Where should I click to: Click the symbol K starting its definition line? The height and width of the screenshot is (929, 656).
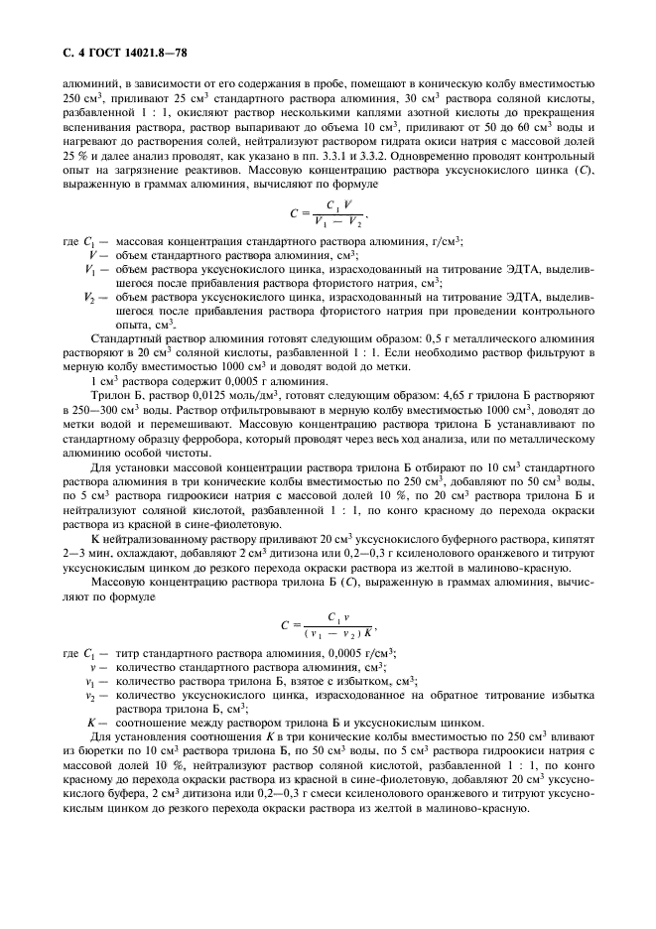point(91,723)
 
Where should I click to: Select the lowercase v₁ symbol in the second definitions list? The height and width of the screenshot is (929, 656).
point(90,681)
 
